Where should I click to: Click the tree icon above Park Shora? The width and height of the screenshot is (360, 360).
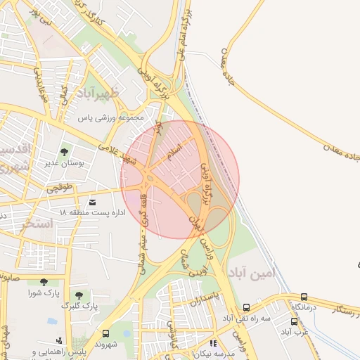tap(44, 281)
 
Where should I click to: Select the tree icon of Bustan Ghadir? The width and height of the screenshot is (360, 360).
tap(65, 151)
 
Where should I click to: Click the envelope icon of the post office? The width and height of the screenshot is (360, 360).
tap(93, 202)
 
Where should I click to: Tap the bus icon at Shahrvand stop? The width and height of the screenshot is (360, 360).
tap(105, 333)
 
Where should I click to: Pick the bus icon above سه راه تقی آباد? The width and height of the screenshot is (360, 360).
tap(246, 307)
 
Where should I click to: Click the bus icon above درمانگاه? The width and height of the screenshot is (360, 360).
tap(304, 297)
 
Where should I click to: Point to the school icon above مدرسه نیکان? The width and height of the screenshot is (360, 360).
tap(213, 344)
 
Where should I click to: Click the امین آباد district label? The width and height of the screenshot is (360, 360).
tap(249, 271)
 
